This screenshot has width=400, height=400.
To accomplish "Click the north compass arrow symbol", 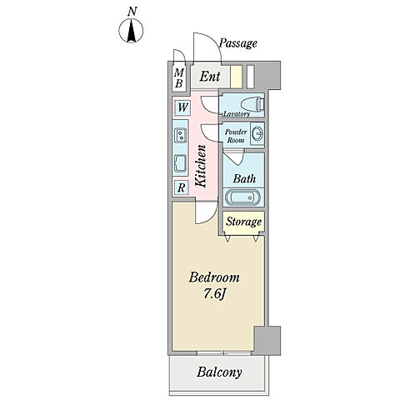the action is click(x=131, y=30).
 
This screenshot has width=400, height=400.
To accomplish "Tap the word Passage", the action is click(x=238, y=43).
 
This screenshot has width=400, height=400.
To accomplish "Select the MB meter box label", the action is click(x=179, y=78).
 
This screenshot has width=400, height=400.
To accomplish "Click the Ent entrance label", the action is click(x=210, y=77).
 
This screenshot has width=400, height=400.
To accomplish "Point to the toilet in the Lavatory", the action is click(x=252, y=104).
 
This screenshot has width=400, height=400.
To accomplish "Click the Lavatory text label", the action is click(x=237, y=113).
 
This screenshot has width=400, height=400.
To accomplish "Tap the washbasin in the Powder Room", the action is click(x=257, y=134).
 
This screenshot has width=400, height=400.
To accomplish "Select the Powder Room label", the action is click(x=236, y=136).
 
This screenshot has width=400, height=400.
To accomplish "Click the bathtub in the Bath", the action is click(x=242, y=197).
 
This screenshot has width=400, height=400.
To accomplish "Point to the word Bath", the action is click(x=244, y=178).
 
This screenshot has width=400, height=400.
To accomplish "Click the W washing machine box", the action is click(x=182, y=107).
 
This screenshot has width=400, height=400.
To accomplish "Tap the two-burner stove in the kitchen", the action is click(x=181, y=135).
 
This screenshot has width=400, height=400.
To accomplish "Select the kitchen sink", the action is click(x=181, y=163).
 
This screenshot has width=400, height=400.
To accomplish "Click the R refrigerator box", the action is click(x=182, y=187).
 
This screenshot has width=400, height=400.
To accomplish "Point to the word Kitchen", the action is click(x=201, y=166).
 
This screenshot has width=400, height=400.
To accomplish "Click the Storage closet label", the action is click(x=243, y=222).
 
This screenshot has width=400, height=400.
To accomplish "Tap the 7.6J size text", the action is click(x=214, y=294).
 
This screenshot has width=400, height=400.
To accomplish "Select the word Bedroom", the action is click(x=214, y=277).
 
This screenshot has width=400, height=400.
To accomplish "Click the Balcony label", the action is click(x=219, y=372).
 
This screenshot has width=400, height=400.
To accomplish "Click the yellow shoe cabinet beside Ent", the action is click(x=237, y=77).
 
